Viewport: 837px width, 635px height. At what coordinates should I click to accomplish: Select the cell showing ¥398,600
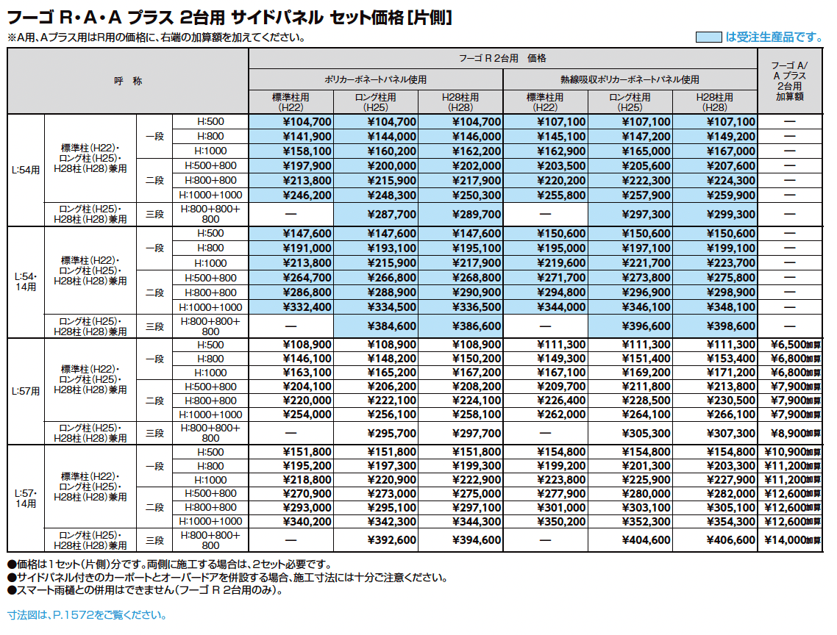coord(730,326)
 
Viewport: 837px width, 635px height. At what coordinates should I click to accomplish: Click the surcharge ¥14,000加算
coord(797,540)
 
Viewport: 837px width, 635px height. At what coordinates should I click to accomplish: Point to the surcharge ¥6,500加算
coord(797,345)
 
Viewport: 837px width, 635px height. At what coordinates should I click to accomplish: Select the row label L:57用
coord(26,392)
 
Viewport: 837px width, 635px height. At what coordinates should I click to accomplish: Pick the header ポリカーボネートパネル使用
coord(376,79)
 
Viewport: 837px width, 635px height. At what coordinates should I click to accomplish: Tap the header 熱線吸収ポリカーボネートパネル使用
coord(630,79)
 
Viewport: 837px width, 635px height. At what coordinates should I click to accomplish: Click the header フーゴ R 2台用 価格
coord(502,58)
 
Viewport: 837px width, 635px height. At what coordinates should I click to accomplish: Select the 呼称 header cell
coord(128,81)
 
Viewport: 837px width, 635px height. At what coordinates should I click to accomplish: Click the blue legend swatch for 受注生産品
coord(708,37)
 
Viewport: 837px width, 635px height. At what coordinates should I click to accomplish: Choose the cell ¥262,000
coord(561,415)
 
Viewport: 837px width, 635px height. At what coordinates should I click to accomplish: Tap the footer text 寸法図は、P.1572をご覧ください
coord(86,615)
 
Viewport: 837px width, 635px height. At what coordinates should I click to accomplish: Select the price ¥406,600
coord(730,540)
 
